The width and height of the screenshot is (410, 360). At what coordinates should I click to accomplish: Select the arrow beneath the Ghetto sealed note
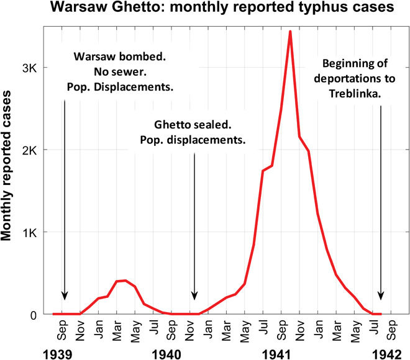194,223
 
